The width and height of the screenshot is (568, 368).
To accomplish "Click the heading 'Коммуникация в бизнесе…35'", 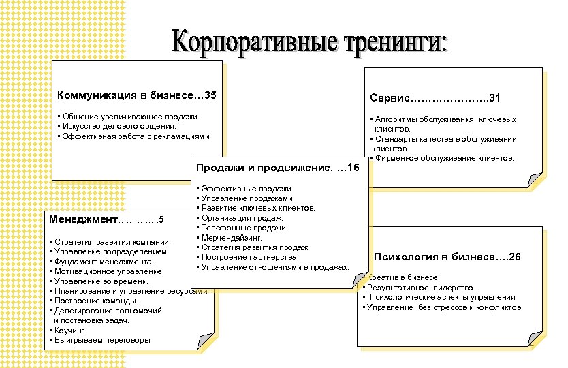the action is click(137, 93).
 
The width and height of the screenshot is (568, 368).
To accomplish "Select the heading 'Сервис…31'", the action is click(435, 99).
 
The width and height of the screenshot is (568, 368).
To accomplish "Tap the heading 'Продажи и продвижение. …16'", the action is click(277, 168).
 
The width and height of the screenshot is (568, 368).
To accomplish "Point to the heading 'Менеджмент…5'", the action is click(106, 219).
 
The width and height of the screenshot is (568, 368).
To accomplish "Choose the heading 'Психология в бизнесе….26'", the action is click(447, 257).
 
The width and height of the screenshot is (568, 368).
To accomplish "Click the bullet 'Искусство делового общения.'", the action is click(119, 126).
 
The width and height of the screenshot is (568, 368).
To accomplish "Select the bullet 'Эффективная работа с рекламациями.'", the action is click(137, 136).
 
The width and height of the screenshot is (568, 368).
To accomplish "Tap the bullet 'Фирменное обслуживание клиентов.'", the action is click(443, 158).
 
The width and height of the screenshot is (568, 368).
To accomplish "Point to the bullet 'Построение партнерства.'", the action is click(249, 257).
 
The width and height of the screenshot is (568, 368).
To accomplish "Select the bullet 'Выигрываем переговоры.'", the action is click(103, 339).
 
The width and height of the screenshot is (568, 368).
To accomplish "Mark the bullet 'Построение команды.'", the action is click(95, 301).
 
